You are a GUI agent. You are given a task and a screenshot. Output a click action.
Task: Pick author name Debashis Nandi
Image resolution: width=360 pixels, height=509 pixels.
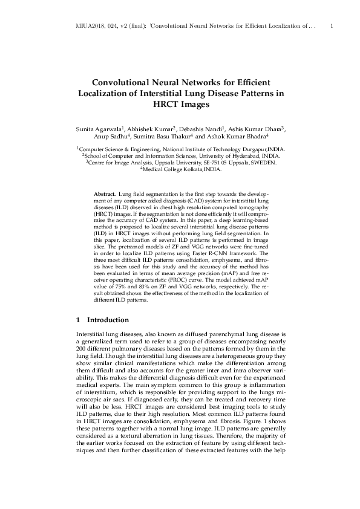tap(203, 130)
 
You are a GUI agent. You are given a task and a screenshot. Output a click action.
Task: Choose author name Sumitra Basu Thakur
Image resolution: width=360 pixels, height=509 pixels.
tap(177, 139)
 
